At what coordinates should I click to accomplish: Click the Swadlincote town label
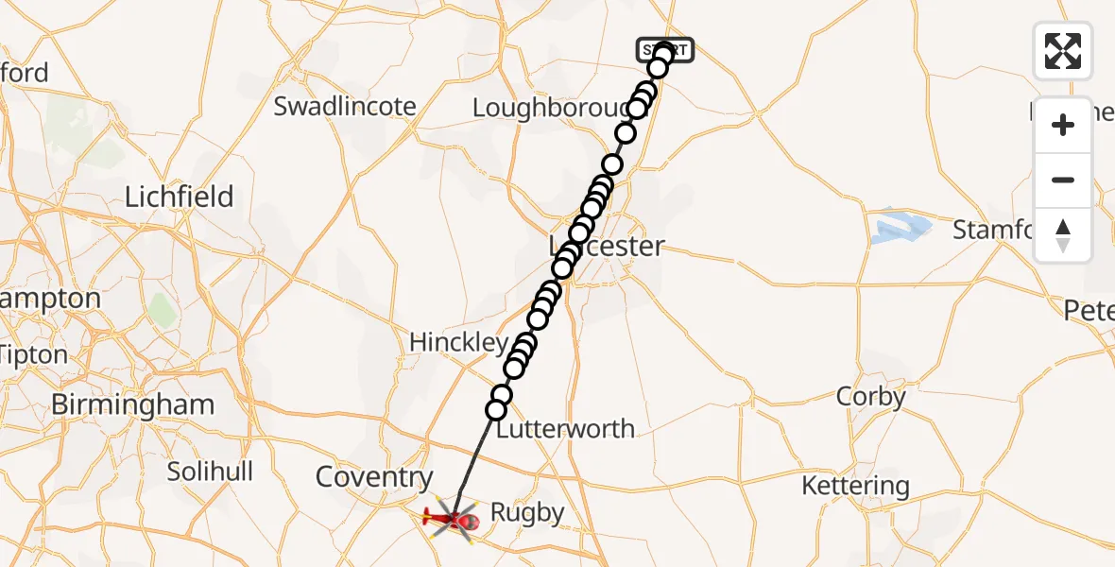(x=344, y=106)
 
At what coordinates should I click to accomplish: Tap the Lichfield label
(x=180, y=197)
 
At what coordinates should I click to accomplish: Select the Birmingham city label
(x=132, y=404)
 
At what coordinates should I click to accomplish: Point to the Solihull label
(x=210, y=471)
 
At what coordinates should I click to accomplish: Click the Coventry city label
(x=374, y=477)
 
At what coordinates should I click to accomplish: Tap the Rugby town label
(x=527, y=513)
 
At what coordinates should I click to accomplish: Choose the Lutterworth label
(x=565, y=429)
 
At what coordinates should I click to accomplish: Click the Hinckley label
(x=459, y=342)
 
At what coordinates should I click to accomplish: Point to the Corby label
(x=870, y=397)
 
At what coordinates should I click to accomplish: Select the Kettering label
(x=855, y=487)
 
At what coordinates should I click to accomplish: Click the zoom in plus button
(x=1063, y=125)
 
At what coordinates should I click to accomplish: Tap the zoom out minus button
(x=1063, y=180)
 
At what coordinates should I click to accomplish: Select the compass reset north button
(x=1063, y=235)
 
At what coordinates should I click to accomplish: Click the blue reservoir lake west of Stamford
(x=902, y=228)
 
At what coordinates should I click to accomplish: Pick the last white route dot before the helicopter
(x=496, y=409)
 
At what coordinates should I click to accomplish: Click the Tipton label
(x=34, y=355)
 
